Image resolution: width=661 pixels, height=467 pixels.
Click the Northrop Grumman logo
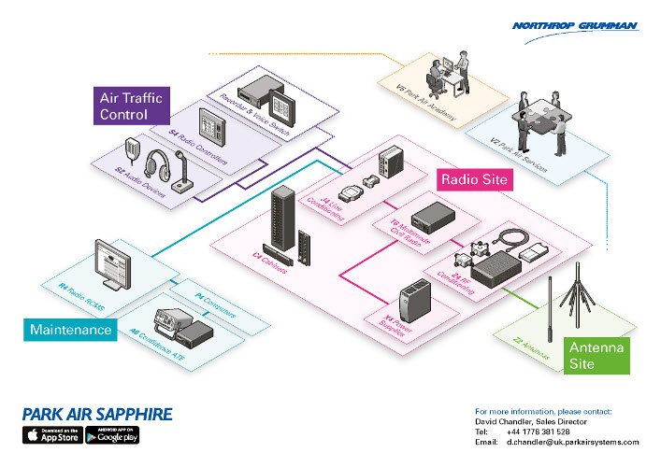574,27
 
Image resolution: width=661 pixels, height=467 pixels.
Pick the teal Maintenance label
71,330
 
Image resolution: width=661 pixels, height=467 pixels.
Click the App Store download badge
51,435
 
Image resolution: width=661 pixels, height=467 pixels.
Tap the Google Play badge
113,435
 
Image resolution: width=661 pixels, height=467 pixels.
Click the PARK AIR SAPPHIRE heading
97,414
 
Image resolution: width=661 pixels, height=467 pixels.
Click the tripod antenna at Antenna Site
577,299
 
